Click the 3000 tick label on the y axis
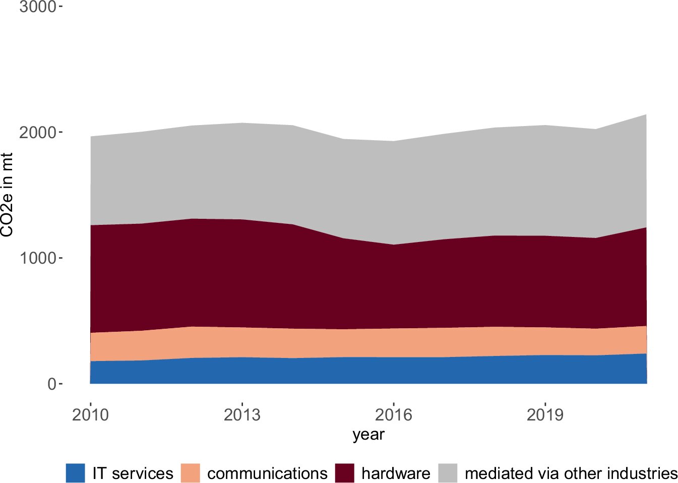[x=37, y=7]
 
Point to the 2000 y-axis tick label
[x=37, y=133]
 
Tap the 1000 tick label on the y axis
[x=37, y=258]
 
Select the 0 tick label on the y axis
[x=52, y=384]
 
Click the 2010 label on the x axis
[x=90, y=415]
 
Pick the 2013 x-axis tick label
[x=242, y=415]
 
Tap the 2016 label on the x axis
[x=393, y=415]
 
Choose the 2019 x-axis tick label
[x=545, y=415]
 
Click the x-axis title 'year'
[x=368, y=435]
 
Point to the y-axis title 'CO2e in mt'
[x=7, y=195]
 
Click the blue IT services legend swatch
[x=75, y=473]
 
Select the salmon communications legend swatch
[x=191, y=473]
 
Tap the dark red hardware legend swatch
[x=345, y=473]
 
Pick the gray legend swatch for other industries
[x=448, y=473]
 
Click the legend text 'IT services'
[x=133, y=473]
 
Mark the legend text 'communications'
[x=267, y=473]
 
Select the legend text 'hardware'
[x=396, y=473]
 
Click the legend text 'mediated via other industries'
[x=571, y=473]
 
